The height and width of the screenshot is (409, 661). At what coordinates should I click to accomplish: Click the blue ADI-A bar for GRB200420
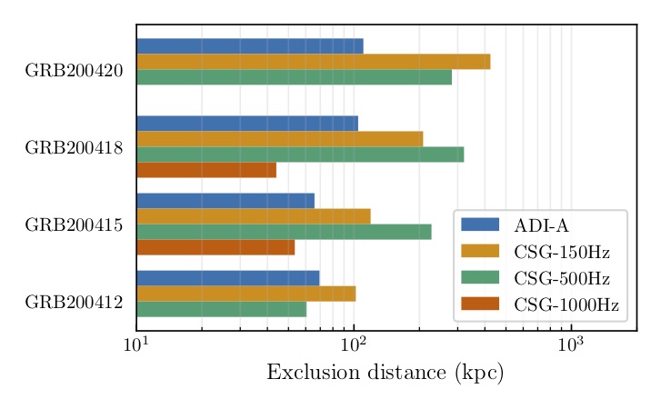(x=249, y=46)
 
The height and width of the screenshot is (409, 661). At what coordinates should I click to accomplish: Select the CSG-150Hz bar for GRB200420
(x=313, y=62)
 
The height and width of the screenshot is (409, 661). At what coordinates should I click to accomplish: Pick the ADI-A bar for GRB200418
(x=246, y=124)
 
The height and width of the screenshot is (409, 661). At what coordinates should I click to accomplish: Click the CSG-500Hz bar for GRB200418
(x=300, y=155)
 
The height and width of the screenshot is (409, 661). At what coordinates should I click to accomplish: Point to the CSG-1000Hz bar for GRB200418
(x=205, y=170)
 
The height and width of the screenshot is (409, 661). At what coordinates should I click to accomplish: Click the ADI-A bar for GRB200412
(x=227, y=278)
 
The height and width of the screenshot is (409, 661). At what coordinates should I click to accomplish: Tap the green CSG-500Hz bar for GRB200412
(x=221, y=309)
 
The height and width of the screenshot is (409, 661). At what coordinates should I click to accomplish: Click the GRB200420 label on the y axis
(x=74, y=70)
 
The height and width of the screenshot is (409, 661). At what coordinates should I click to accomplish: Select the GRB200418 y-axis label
(x=74, y=147)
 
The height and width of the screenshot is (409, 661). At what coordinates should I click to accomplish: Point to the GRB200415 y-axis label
(x=74, y=224)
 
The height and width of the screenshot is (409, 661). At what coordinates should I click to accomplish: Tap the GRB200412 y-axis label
(x=74, y=302)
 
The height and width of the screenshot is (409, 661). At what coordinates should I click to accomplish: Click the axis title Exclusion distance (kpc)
(x=385, y=373)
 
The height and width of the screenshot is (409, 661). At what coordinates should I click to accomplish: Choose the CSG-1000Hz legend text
(x=566, y=304)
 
